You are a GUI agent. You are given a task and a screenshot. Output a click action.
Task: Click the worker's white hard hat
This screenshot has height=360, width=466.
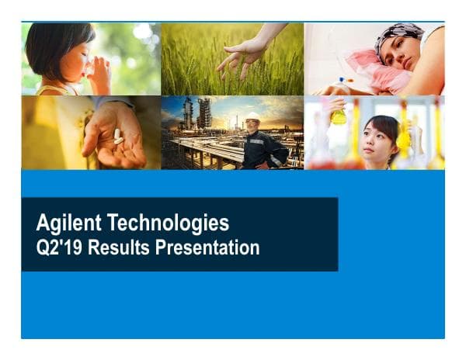pos(252,117)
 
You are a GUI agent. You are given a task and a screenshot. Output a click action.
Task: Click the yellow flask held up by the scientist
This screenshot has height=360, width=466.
pos(338,116)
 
